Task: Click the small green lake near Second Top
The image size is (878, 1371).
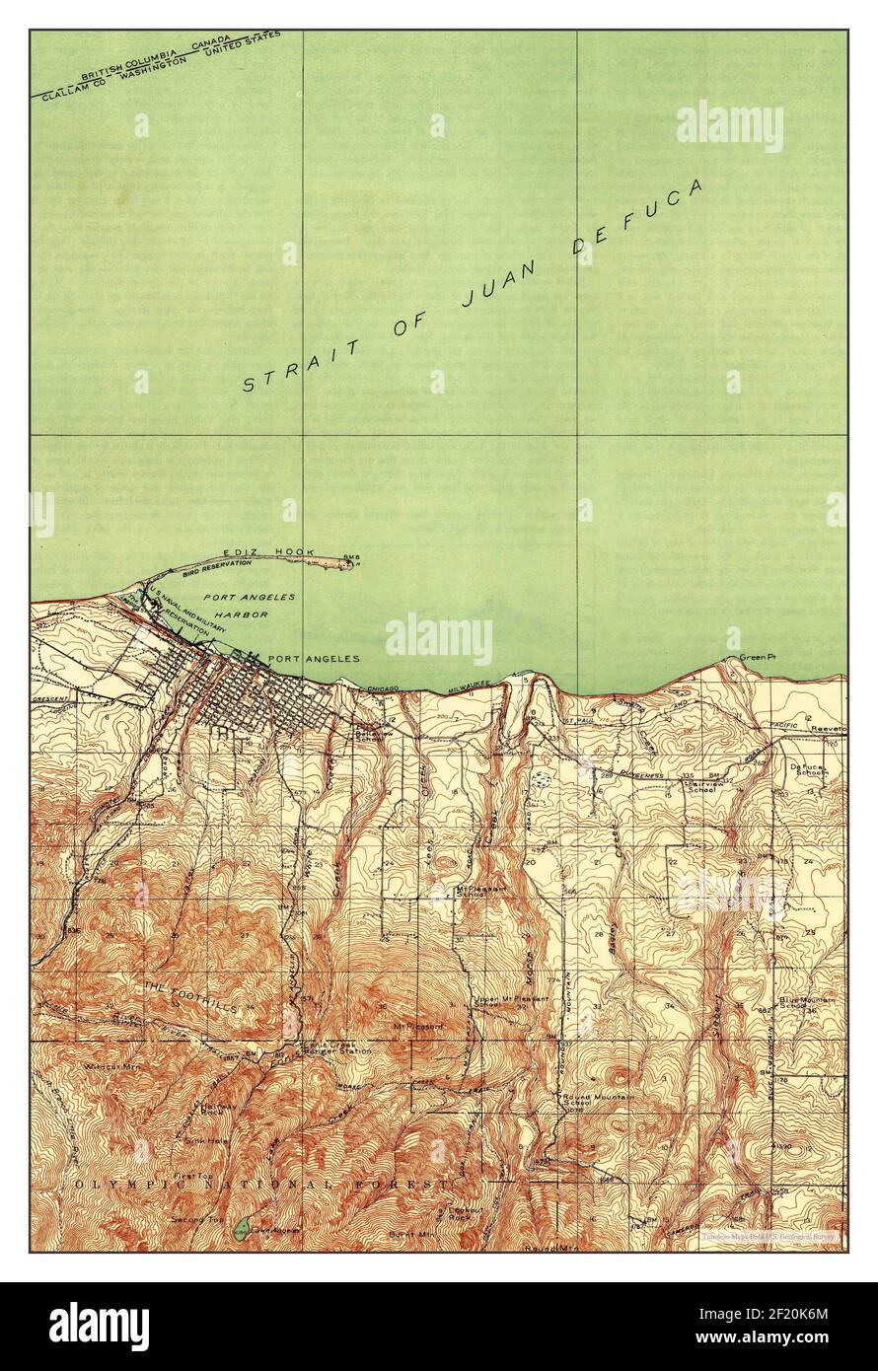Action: pos(243,1228)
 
